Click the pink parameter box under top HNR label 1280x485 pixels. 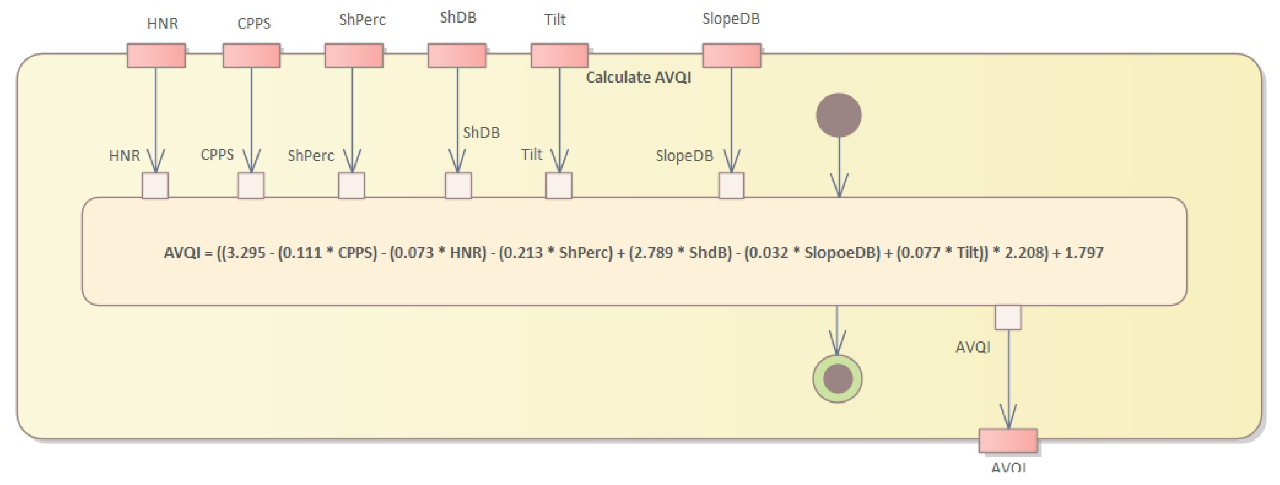point(156,56)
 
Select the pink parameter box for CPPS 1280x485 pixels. point(251,56)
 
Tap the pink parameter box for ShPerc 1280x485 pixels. point(354,56)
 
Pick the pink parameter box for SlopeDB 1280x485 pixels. point(732,56)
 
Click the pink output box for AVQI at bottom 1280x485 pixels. point(1008,440)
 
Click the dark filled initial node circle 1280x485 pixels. point(838,115)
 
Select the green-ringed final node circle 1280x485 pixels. point(837,379)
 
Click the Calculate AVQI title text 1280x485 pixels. point(638,77)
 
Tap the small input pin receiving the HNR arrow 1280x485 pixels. point(155,185)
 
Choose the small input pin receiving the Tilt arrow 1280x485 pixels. point(558,185)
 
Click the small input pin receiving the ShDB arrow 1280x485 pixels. point(458,185)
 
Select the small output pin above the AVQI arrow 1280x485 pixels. point(1008,318)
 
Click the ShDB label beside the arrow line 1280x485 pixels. point(481,132)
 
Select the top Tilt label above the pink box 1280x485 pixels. point(555,20)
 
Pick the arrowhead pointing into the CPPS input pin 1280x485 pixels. point(251,161)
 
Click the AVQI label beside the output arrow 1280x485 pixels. point(973,347)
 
